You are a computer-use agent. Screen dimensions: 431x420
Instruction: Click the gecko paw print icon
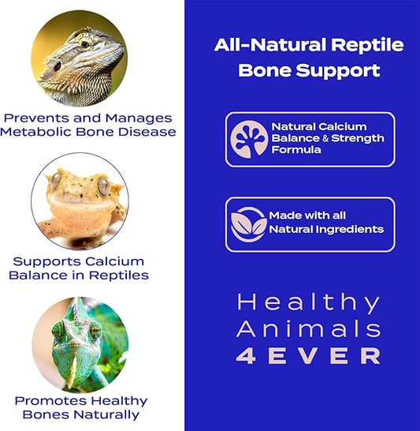click(249, 139)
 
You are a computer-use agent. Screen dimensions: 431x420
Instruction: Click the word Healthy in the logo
click(309, 302)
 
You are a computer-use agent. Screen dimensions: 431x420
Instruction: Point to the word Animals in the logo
click(309, 328)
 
